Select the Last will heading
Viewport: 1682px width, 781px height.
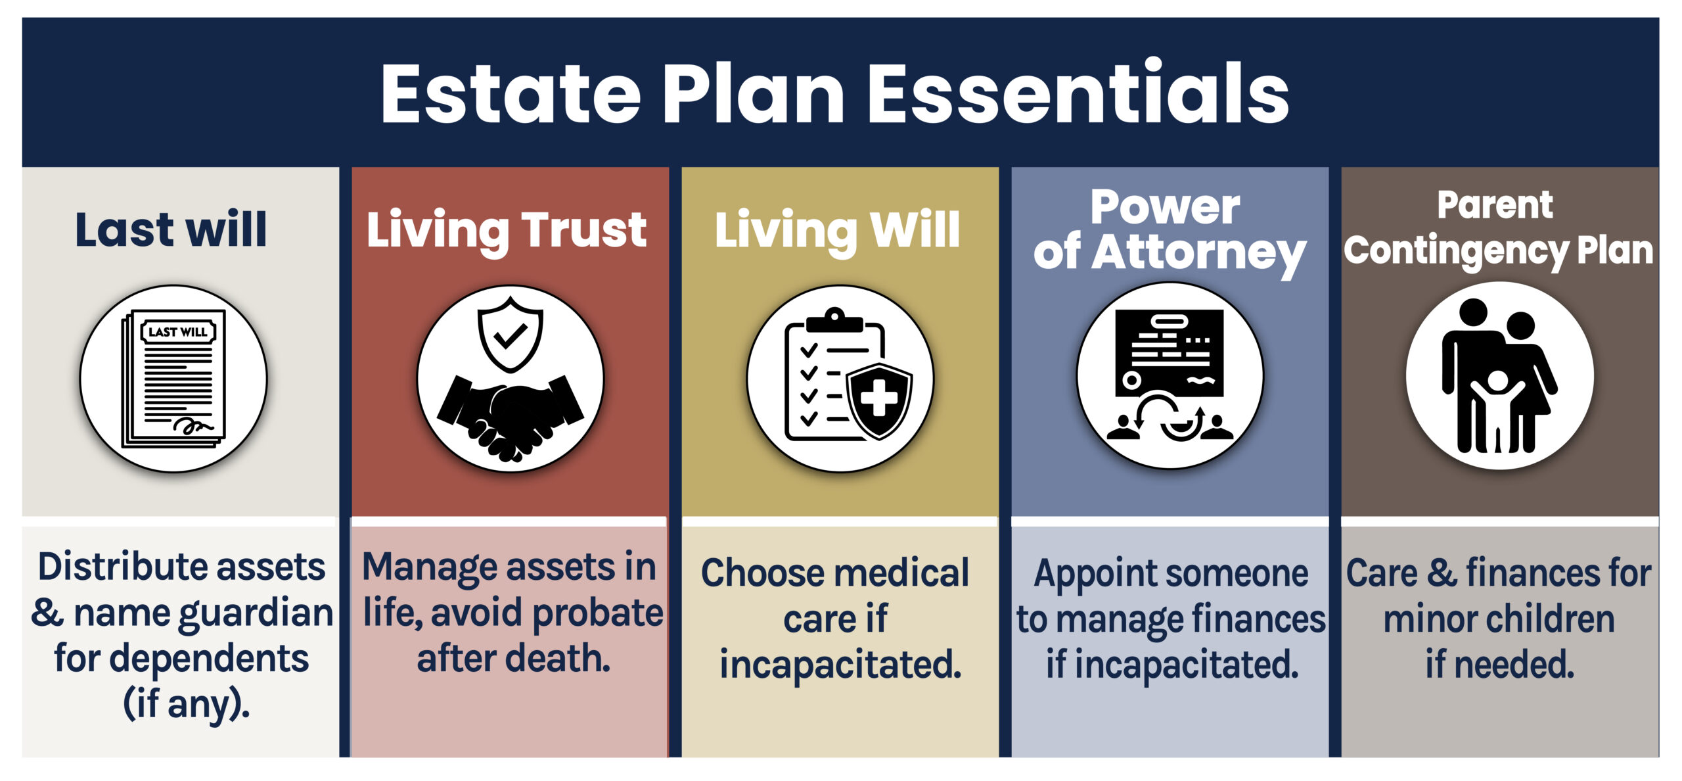pyautogui.click(x=171, y=229)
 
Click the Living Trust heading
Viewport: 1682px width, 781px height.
pyautogui.click(x=507, y=230)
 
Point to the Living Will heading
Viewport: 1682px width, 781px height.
pyautogui.click(x=837, y=230)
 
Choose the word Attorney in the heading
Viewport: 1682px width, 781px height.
pyautogui.click(x=1198, y=253)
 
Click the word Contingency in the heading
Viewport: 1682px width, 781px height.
pyautogui.click(x=1455, y=252)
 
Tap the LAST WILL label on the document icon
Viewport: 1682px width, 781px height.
pyautogui.click(x=178, y=332)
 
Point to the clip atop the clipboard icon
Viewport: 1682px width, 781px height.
pyautogui.click(x=834, y=319)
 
